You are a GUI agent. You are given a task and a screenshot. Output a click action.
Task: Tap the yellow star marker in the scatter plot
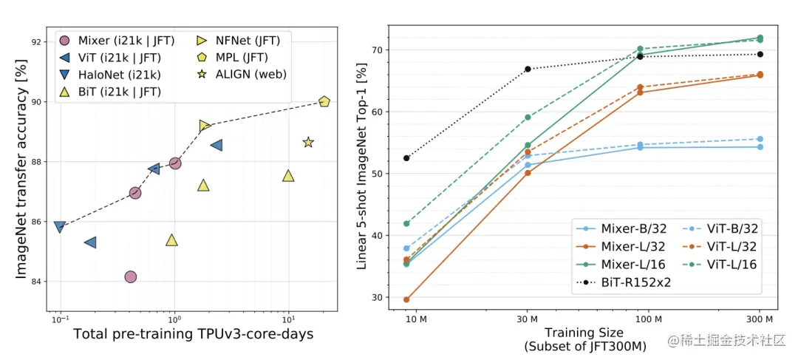click(x=308, y=142)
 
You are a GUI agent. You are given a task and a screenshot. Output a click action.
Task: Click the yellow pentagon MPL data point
click(x=324, y=101)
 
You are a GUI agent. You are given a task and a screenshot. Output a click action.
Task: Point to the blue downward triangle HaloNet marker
click(x=60, y=226)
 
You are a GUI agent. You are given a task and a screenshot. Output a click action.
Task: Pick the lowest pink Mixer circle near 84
click(x=130, y=276)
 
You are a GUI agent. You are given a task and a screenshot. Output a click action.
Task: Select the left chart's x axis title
click(x=193, y=334)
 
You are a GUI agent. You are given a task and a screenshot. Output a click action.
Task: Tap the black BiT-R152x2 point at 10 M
click(x=406, y=157)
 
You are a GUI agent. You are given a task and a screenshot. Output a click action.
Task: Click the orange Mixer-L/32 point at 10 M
click(x=406, y=299)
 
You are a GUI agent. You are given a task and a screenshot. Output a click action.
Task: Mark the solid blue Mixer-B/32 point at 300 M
click(x=760, y=147)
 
